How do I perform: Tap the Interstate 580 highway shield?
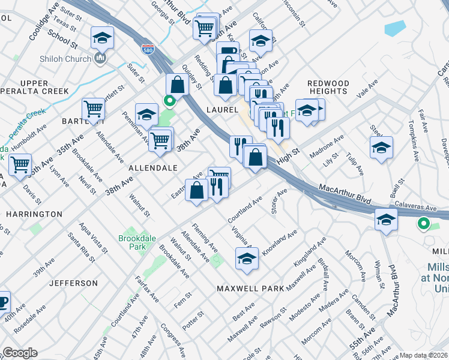[x=146, y=50]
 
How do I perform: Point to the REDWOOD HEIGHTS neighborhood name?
[x=328, y=87]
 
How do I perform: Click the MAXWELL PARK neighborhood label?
[x=250, y=289]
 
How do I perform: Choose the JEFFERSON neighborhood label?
[x=73, y=283]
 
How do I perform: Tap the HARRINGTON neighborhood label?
[x=34, y=214]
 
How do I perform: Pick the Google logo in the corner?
[x=20, y=353]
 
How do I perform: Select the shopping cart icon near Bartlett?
[x=94, y=109]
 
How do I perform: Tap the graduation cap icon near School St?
[x=103, y=38]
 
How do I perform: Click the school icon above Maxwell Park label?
[x=247, y=258]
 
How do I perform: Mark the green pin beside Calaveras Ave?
[x=423, y=224]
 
